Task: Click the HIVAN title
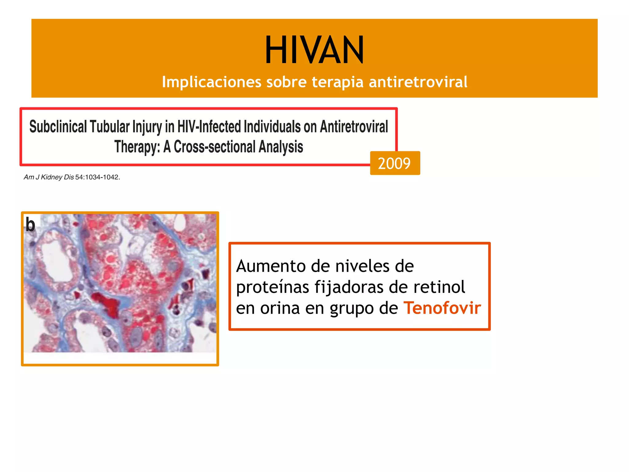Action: click(314, 50)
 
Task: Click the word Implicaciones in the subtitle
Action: click(212, 82)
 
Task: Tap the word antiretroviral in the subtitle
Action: click(418, 82)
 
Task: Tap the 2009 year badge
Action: click(395, 163)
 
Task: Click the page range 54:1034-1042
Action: click(97, 177)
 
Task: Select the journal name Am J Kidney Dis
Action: click(49, 177)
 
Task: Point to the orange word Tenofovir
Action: click(442, 308)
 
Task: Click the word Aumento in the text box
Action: click(271, 266)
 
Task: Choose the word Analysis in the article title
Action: click(280, 147)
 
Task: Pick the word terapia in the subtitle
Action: click(338, 82)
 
